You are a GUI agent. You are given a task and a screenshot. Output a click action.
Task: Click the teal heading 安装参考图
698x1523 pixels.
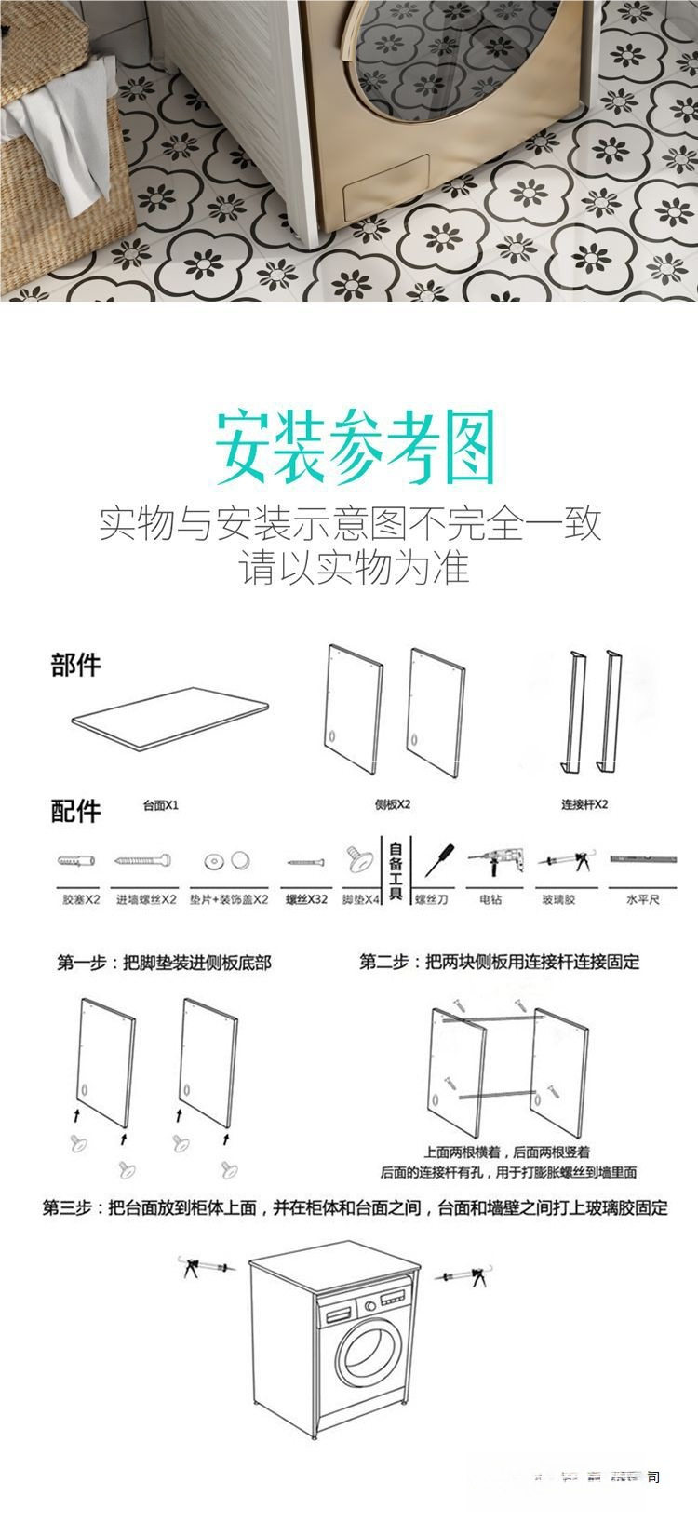click(355, 450)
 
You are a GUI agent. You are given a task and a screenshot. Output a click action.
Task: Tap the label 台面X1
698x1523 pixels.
click(161, 805)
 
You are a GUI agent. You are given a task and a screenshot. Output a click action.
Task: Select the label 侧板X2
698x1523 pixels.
click(393, 805)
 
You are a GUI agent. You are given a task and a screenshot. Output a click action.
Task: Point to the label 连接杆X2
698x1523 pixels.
click(584, 805)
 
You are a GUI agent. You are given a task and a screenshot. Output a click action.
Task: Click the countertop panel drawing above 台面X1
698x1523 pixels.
click(171, 720)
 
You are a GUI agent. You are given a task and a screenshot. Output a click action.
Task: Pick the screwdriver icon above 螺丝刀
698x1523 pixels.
click(439, 860)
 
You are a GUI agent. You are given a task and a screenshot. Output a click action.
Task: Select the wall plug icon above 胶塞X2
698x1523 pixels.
click(78, 862)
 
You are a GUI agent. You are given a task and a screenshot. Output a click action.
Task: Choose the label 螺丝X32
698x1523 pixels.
click(306, 901)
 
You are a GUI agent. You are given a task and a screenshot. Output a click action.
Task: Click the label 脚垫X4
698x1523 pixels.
click(361, 901)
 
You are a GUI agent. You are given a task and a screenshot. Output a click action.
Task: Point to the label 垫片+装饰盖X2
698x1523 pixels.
click(229, 901)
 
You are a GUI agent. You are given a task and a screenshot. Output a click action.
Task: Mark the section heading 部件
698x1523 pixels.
click(75, 666)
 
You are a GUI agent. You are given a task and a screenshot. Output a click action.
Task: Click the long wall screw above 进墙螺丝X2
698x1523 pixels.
click(143, 862)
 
